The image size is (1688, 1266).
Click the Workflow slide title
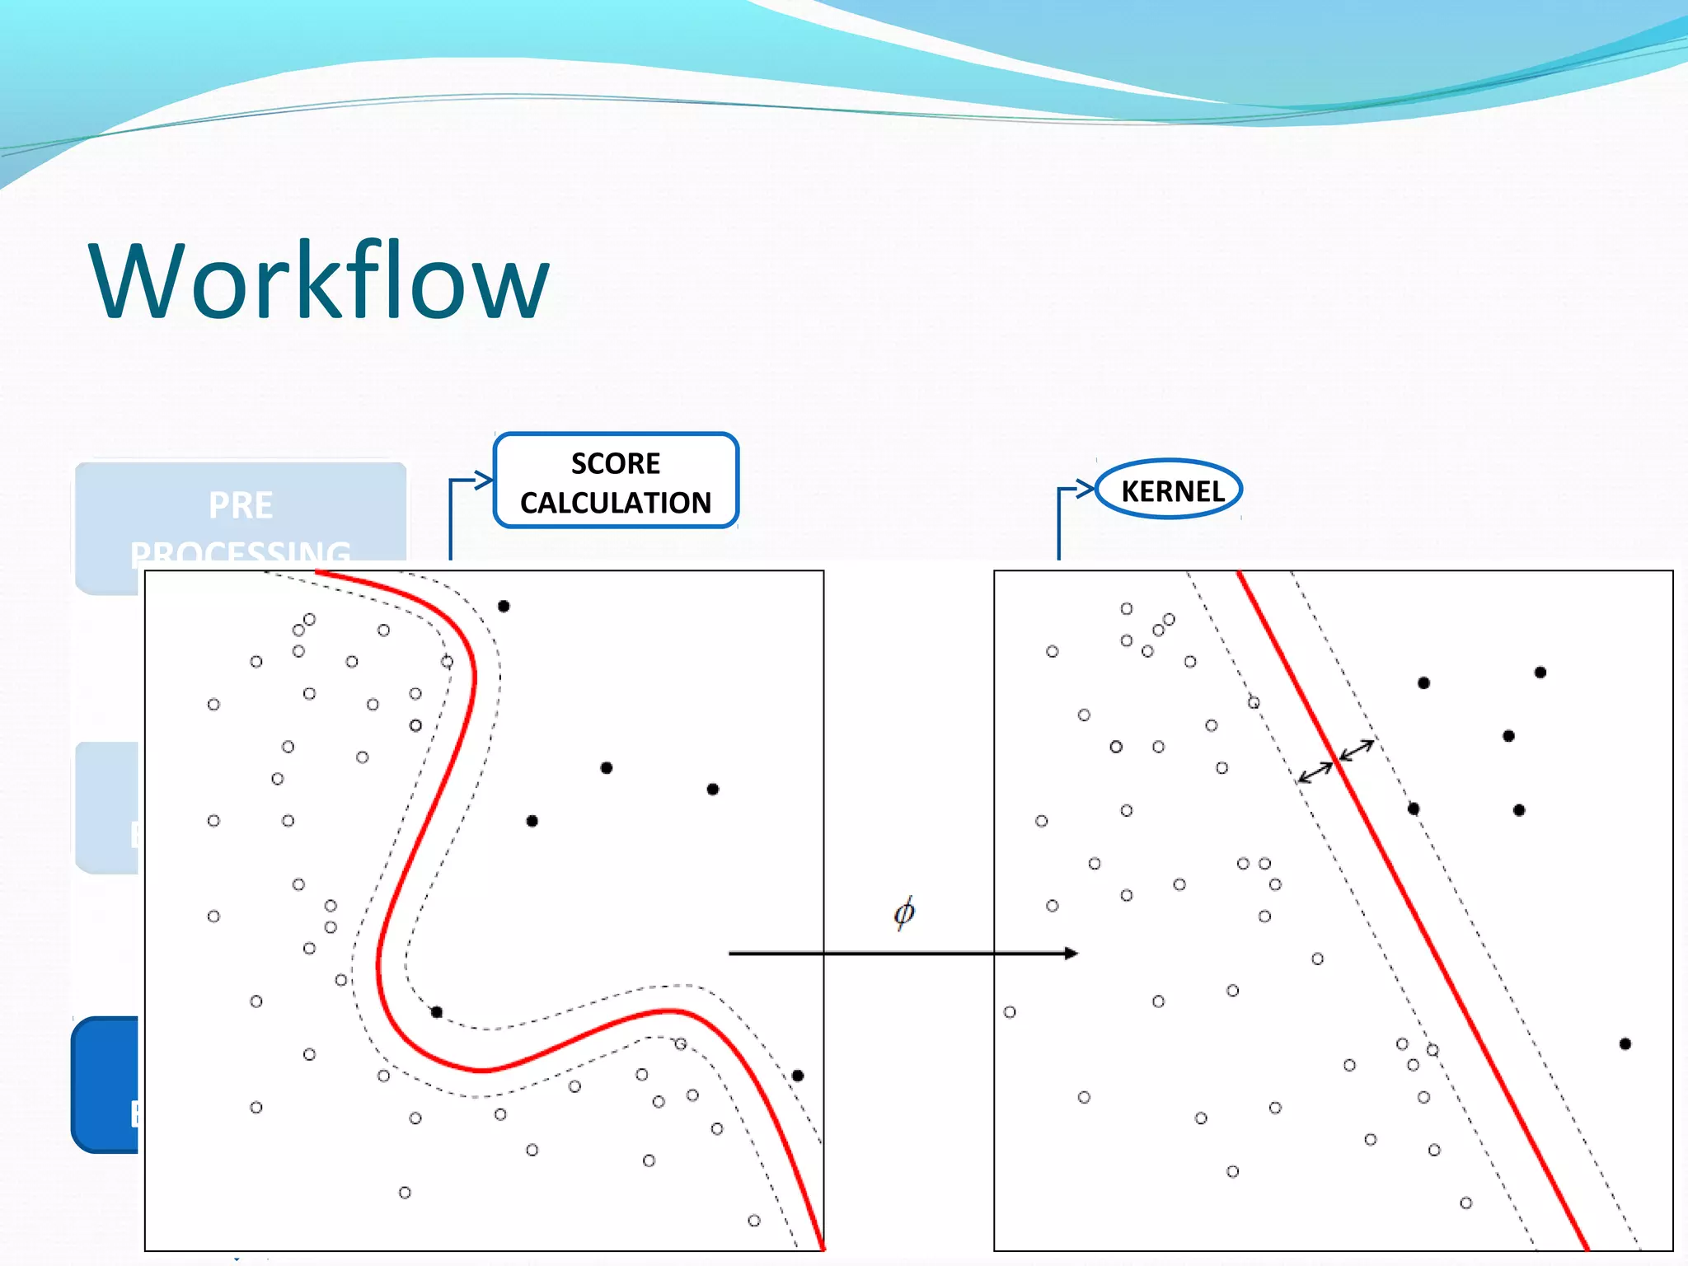coord(318,280)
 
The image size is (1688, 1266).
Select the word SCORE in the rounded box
coord(616,463)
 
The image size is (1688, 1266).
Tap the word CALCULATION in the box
coord(616,503)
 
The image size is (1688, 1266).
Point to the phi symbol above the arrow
coord(903,912)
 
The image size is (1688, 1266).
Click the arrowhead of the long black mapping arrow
coord(1071,954)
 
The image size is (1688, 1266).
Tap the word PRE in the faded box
coord(240,505)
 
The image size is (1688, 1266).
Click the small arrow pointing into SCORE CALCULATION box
coord(482,480)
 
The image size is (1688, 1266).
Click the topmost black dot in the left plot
coord(504,606)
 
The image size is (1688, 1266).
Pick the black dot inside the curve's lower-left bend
coord(437,1012)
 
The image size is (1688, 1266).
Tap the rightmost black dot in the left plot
coord(798,1076)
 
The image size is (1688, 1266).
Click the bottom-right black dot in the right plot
coord(1625,1044)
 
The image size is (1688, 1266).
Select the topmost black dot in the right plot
coord(1540,673)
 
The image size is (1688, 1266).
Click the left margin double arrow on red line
coord(1315,772)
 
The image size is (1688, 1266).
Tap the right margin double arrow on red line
coord(1356,750)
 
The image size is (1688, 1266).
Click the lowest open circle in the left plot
coord(754,1221)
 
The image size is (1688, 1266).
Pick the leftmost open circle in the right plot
coord(1010,1012)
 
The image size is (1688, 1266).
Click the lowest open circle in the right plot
coord(1465,1203)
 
